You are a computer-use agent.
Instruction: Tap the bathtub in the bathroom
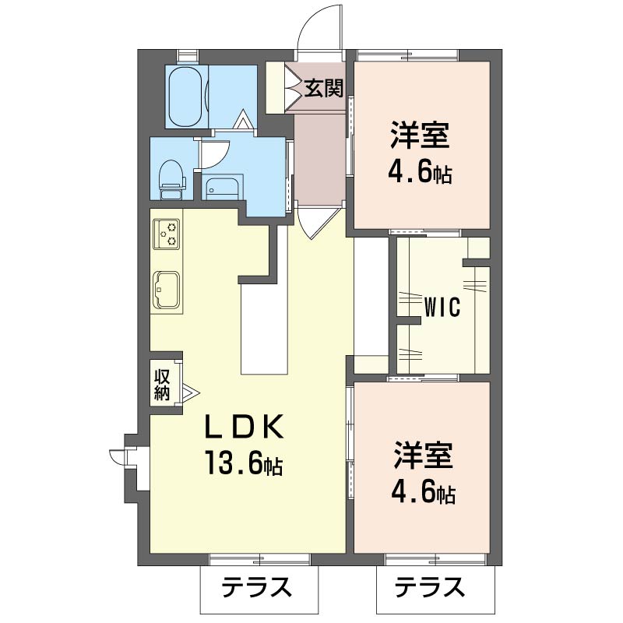pyautogui.click(x=185, y=96)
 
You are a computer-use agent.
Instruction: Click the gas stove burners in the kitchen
pyautogui.click(x=167, y=233)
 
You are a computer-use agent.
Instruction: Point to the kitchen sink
pyautogui.click(x=167, y=290)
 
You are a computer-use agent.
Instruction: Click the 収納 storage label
pyautogui.click(x=162, y=382)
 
